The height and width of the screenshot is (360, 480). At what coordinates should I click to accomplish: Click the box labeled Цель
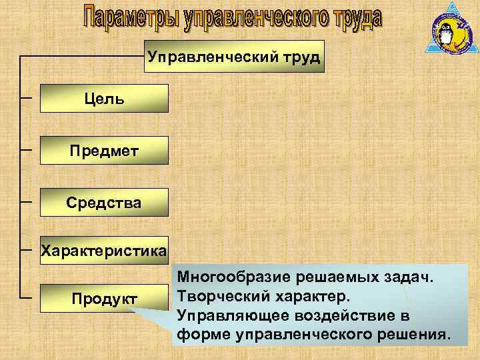point(104,98)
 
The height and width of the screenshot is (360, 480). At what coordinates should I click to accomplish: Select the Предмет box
point(104,149)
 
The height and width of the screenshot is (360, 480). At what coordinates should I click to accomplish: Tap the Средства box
point(104,201)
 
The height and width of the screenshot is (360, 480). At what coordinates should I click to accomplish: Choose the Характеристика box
point(104,251)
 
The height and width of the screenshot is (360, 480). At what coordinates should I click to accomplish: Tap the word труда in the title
point(354,18)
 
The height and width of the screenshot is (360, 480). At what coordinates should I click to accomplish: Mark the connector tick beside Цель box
point(27,98)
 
